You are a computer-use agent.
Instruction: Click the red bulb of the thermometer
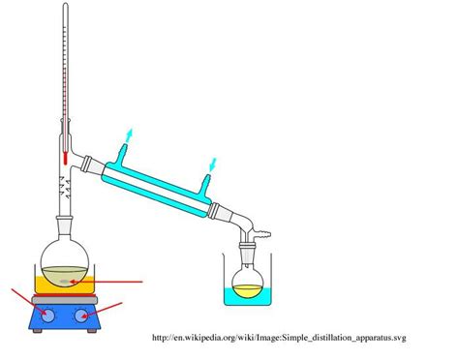click(65, 155)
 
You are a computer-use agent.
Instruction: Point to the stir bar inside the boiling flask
click(63, 281)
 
